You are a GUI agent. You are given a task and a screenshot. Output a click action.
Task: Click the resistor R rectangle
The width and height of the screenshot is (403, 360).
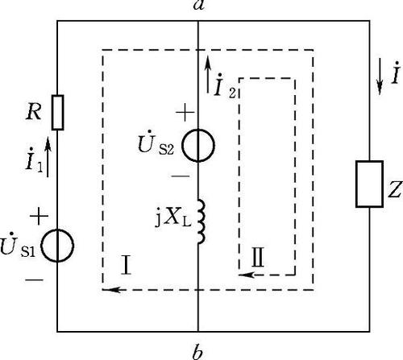pyautogui.click(x=57, y=113)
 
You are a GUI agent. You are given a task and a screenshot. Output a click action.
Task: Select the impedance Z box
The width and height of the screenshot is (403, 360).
pyautogui.click(x=369, y=184)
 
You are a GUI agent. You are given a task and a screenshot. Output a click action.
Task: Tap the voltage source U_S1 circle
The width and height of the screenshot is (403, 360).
pyautogui.click(x=57, y=246)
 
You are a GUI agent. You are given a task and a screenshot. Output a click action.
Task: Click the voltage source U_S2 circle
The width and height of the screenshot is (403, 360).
pyautogui.click(x=198, y=146)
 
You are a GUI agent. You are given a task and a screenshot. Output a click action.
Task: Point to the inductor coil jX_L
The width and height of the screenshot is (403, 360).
pyautogui.click(x=201, y=221)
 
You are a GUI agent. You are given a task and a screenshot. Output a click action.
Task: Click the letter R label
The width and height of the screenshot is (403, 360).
pyautogui.click(x=34, y=112)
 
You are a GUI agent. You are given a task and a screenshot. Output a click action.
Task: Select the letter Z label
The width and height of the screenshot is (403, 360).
pyautogui.click(x=395, y=189)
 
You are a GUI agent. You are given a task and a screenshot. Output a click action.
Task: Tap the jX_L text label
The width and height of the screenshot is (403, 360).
pyautogui.click(x=172, y=219)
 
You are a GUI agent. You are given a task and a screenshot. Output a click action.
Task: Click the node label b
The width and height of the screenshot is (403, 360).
pyautogui.click(x=197, y=352)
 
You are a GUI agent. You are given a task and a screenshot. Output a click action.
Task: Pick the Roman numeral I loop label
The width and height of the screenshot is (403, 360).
pyautogui.click(x=127, y=265)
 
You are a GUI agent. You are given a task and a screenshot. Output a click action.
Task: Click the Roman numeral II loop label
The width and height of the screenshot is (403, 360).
pyautogui.click(x=258, y=257)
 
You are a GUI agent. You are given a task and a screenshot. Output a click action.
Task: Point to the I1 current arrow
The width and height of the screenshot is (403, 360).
pyautogui.click(x=48, y=157)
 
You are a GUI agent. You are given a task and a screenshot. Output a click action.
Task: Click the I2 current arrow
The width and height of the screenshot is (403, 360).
pyautogui.click(x=208, y=74)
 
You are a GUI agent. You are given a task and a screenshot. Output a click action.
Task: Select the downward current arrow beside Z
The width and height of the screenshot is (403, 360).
pyautogui.click(x=380, y=77)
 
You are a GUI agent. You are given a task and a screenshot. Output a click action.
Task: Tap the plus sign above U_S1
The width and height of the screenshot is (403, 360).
pyautogui.click(x=39, y=216)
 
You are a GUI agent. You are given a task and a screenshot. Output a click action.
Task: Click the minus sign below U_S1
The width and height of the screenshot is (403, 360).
pyautogui.click(x=34, y=280)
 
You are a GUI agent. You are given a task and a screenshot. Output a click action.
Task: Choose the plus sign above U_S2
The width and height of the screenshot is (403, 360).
pyautogui.click(x=185, y=113)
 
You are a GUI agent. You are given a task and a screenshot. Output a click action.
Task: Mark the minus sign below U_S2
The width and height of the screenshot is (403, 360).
pyautogui.click(x=181, y=176)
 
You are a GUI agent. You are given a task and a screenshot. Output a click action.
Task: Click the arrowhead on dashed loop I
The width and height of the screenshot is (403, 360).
pyautogui.click(x=111, y=290)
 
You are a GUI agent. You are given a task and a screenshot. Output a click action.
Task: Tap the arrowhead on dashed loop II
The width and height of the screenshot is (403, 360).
pyautogui.click(x=247, y=275)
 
